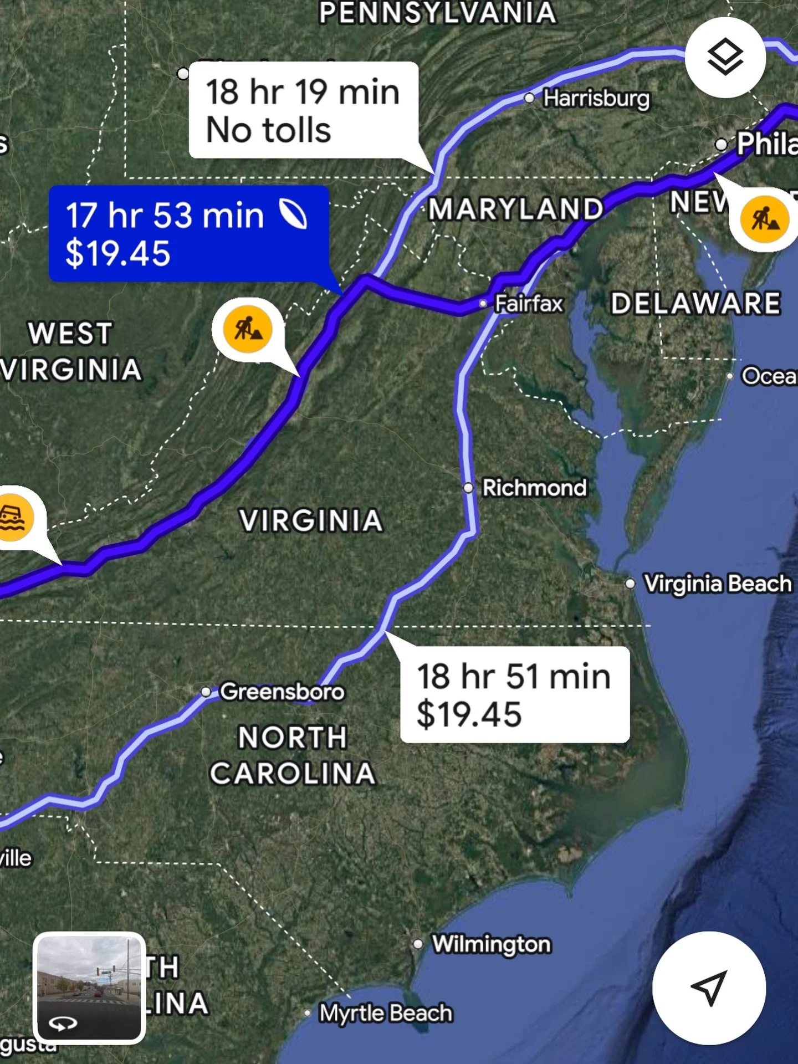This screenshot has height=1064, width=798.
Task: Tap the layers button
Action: [725, 57]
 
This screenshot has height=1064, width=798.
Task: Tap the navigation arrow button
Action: [709, 988]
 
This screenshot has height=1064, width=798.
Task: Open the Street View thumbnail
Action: [89, 988]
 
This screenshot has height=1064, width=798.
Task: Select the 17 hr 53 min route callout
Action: [188, 234]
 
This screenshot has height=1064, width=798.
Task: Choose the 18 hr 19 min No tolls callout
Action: [303, 110]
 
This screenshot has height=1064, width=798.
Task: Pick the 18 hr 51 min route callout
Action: [514, 694]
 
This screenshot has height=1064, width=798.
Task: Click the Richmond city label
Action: [534, 488]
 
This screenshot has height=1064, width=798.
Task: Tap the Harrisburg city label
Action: [596, 99]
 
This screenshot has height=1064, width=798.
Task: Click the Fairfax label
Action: [528, 304]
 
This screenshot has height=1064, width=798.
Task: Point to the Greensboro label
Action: [282, 692]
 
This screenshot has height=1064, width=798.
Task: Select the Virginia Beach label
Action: [717, 584]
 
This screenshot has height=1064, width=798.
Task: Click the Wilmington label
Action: [491, 944]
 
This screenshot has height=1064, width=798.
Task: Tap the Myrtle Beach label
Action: [386, 1013]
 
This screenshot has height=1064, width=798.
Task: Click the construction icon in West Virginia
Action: [248, 329]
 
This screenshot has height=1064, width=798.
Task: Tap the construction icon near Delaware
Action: [765, 219]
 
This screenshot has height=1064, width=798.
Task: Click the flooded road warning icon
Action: [13, 518]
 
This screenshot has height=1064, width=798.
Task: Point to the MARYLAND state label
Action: [515, 209]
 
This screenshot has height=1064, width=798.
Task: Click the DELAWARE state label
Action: [695, 303]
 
